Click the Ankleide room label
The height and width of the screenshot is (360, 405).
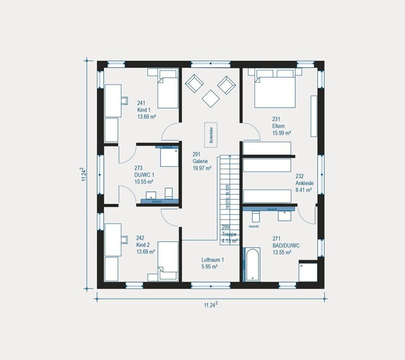[x=304, y=183]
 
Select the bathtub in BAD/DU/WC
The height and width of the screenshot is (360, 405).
[x=252, y=265]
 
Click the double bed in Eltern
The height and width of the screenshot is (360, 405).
[x=275, y=88]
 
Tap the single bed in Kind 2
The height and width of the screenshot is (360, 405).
[x=168, y=261]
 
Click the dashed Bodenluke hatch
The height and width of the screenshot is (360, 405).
[x=211, y=133]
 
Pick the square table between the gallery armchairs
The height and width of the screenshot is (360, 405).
[x=211, y=99]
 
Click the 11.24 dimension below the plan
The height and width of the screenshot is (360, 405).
[x=210, y=305]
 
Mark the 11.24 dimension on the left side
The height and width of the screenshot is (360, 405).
[x=84, y=174]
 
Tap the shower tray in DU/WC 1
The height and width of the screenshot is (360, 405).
[x=169, y=157]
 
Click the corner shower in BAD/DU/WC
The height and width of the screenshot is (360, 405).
[x=308, y=271]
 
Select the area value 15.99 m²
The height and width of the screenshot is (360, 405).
[x=282, y=132]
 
